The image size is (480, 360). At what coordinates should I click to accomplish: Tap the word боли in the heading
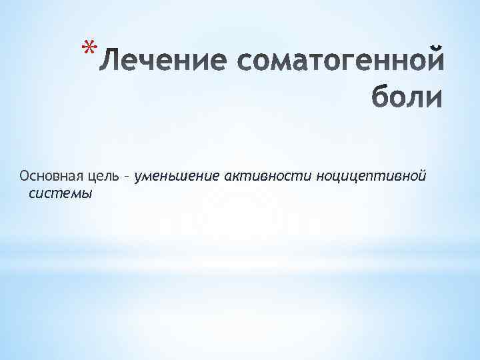(407, 97)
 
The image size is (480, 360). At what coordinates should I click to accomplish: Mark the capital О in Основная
(25, 177)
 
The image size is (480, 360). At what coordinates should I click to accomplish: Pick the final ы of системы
(87, 194)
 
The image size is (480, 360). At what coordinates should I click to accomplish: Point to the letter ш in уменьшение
(184, 177)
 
